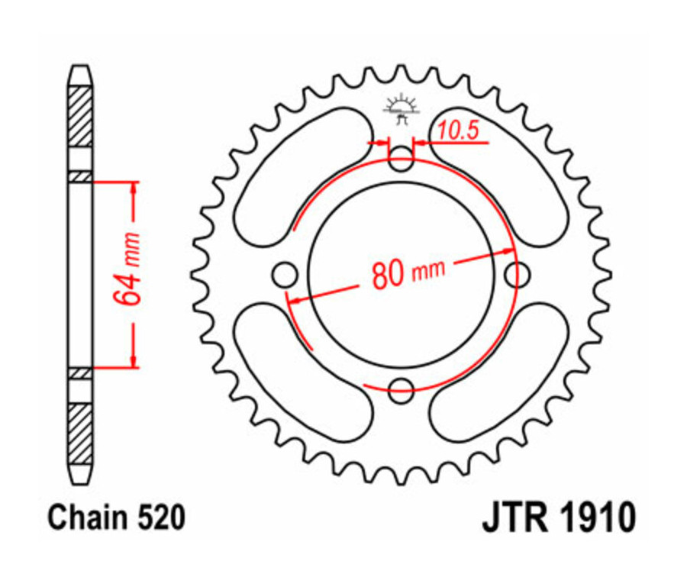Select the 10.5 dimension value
click(x=458, y=131)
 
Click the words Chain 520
click(x=116, y=519)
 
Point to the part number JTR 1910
click(x=558, y=519)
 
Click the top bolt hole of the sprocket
click(x=401, y=161)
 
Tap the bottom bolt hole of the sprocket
click(x=401, y=392)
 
